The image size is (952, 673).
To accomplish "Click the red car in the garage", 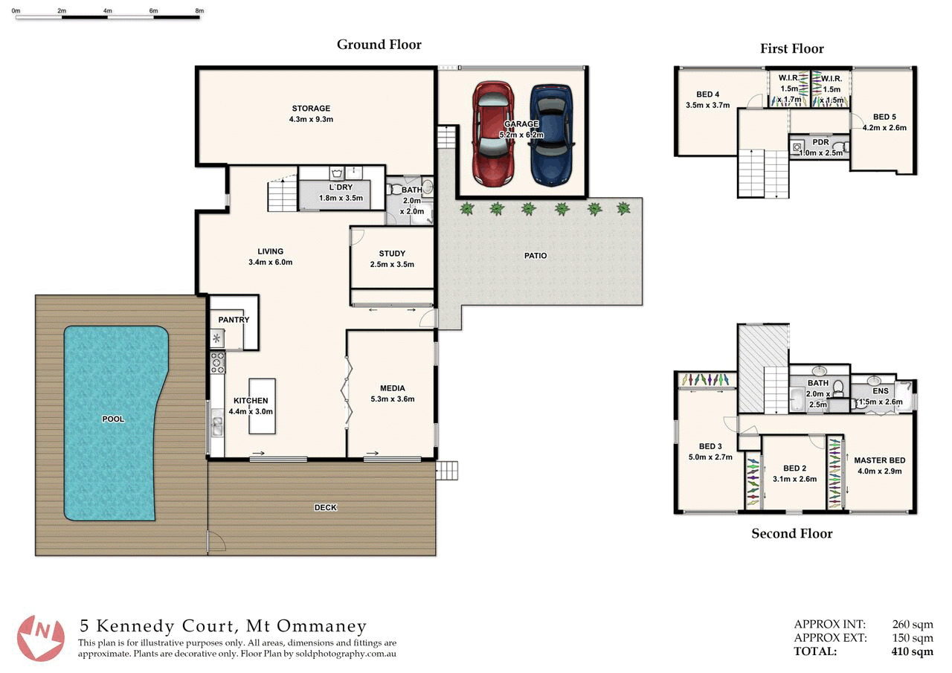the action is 494,134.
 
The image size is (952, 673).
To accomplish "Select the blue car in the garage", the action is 552,135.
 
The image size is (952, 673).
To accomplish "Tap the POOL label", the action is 114,419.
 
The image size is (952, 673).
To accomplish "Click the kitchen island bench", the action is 263,406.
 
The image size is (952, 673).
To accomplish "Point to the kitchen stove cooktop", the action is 218,363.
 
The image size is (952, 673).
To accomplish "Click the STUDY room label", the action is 392,254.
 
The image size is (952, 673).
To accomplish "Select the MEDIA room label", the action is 392,388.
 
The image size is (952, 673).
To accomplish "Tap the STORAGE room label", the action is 311,109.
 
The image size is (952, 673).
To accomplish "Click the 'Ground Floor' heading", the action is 379,45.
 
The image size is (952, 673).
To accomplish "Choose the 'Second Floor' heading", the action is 792,534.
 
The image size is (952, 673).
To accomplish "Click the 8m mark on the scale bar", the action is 199,10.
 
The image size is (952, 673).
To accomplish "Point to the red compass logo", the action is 41,637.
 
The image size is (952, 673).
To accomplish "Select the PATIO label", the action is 535,256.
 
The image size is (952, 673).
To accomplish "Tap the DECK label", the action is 326,507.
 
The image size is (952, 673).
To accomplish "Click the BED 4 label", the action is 707,94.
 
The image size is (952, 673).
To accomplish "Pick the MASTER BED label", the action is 880,460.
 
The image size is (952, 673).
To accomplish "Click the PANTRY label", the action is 234,320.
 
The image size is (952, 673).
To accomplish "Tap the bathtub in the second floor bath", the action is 797,400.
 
